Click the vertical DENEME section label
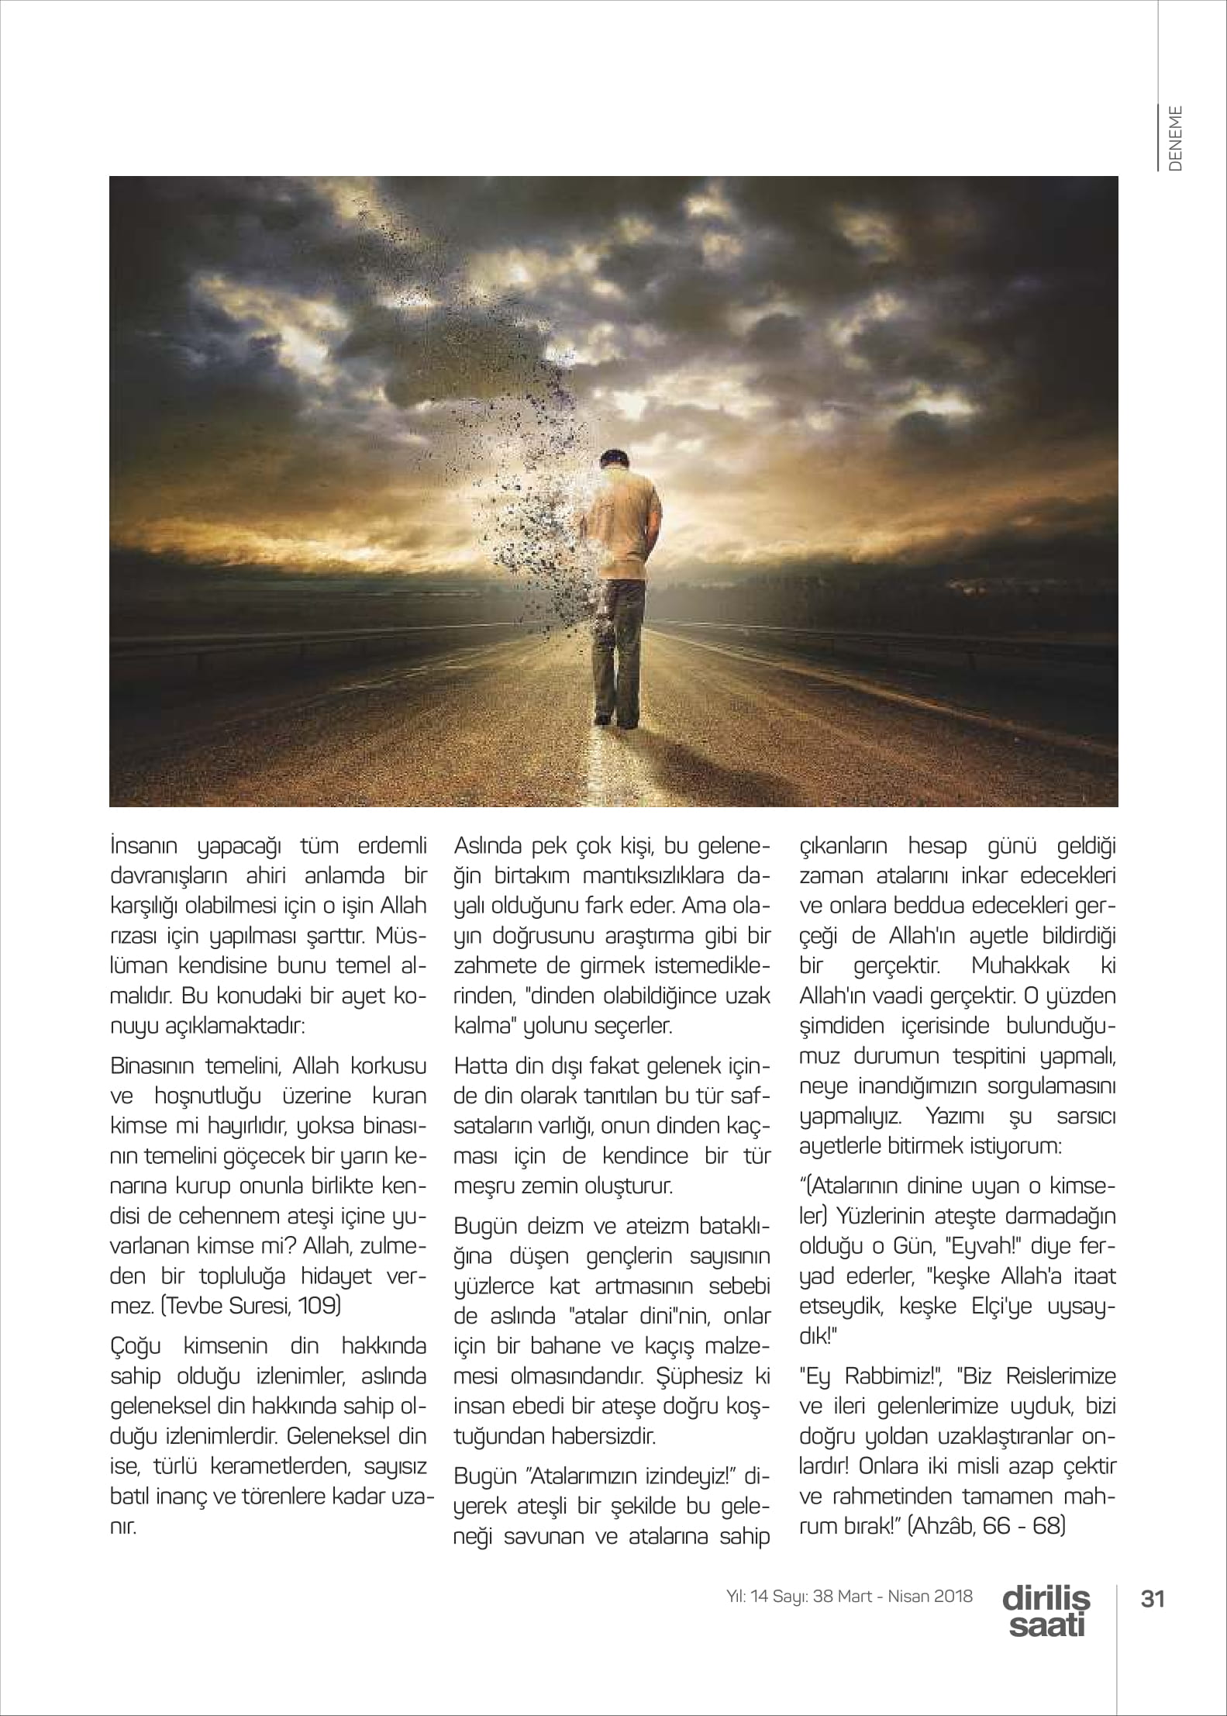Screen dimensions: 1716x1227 click(x=1176, y=138)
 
